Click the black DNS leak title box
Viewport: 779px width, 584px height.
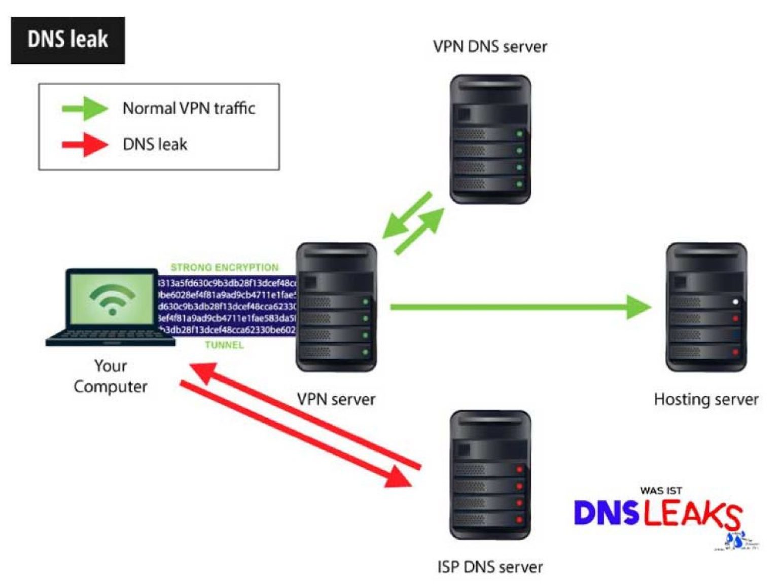(x=67, y=40)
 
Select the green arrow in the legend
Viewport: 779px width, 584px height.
(x=85, y=108)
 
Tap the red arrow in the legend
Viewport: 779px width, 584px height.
(x=85, y=144)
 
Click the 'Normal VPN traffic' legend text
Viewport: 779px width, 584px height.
(x=189, y=108)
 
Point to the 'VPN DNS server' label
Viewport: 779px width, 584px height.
(x=490, y=47)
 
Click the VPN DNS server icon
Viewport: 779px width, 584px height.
(x=490, y=139)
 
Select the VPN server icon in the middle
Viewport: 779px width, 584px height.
(x=336, y=307)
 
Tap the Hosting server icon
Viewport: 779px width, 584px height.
(x=706, y=307)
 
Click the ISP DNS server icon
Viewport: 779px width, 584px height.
(x=490, y=474)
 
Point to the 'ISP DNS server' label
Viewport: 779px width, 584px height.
(x=490, y=566)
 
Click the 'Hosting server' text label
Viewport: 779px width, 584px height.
(x=706, y=399)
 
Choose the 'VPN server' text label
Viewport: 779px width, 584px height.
(x=336, y=399)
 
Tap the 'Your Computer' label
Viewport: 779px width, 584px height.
(x=111, y=376)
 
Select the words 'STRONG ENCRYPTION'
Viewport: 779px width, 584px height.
(x=225, y=267)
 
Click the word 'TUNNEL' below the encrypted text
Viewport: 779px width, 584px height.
(x=224, y=345)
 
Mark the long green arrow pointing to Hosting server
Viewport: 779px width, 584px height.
(x=520, y=307)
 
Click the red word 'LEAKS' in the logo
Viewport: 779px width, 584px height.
(x=692, y=515)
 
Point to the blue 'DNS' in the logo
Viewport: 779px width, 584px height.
(x=606, y=513)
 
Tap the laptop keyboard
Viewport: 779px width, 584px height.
(x=111, y=337)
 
